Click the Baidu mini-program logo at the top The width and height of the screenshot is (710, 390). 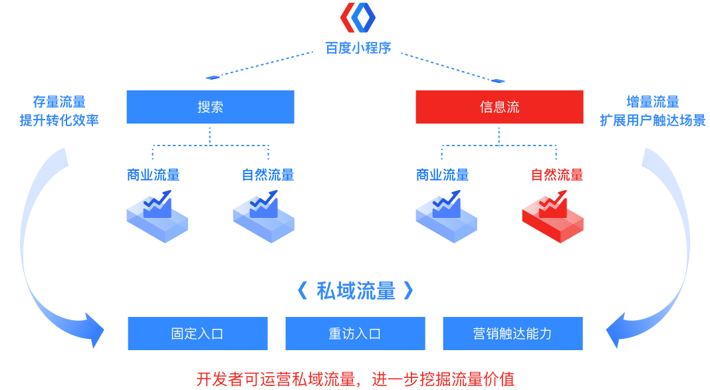[x=358, y=18]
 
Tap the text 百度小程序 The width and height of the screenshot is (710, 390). [x=358, y=48]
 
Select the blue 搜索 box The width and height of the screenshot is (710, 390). [x=210, y=107]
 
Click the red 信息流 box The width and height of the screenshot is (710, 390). [x=499, y=107]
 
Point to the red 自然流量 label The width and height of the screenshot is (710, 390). [x=556, y=175]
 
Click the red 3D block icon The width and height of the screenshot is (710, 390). [x=552, y=217]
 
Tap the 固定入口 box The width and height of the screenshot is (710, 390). [x=197, y=334]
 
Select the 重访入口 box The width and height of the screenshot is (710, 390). [x=355, y=334]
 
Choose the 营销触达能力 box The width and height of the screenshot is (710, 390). [x=513, y=334]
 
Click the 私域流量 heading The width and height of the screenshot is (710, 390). [x=356, y=290]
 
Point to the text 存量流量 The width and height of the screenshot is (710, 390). [x=59, y=102]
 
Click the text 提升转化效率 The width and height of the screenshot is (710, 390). [x=59, y=121]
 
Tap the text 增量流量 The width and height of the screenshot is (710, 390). [x=652, y=102]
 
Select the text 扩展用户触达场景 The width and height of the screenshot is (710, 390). [x=652, y=121]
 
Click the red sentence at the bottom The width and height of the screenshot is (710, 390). [x=355, y=379]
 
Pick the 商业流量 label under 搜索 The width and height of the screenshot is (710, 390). [x=153, y=175]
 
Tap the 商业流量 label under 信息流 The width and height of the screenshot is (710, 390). [x=442, y=175]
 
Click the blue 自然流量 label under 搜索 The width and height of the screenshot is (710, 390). [x=267, y=175]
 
